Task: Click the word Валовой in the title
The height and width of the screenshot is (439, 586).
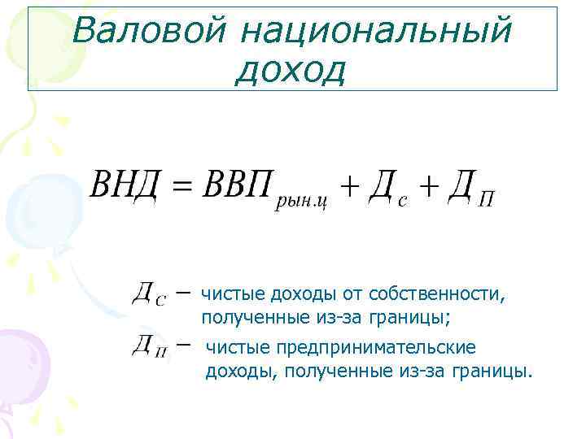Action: [148, 31]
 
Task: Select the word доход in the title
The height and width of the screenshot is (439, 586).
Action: [291, 71]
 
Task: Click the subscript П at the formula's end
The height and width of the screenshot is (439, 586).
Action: [486, 200]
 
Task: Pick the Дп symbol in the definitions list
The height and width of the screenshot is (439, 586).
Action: [149, 347]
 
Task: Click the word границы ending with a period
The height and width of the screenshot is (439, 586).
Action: [497, 371]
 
